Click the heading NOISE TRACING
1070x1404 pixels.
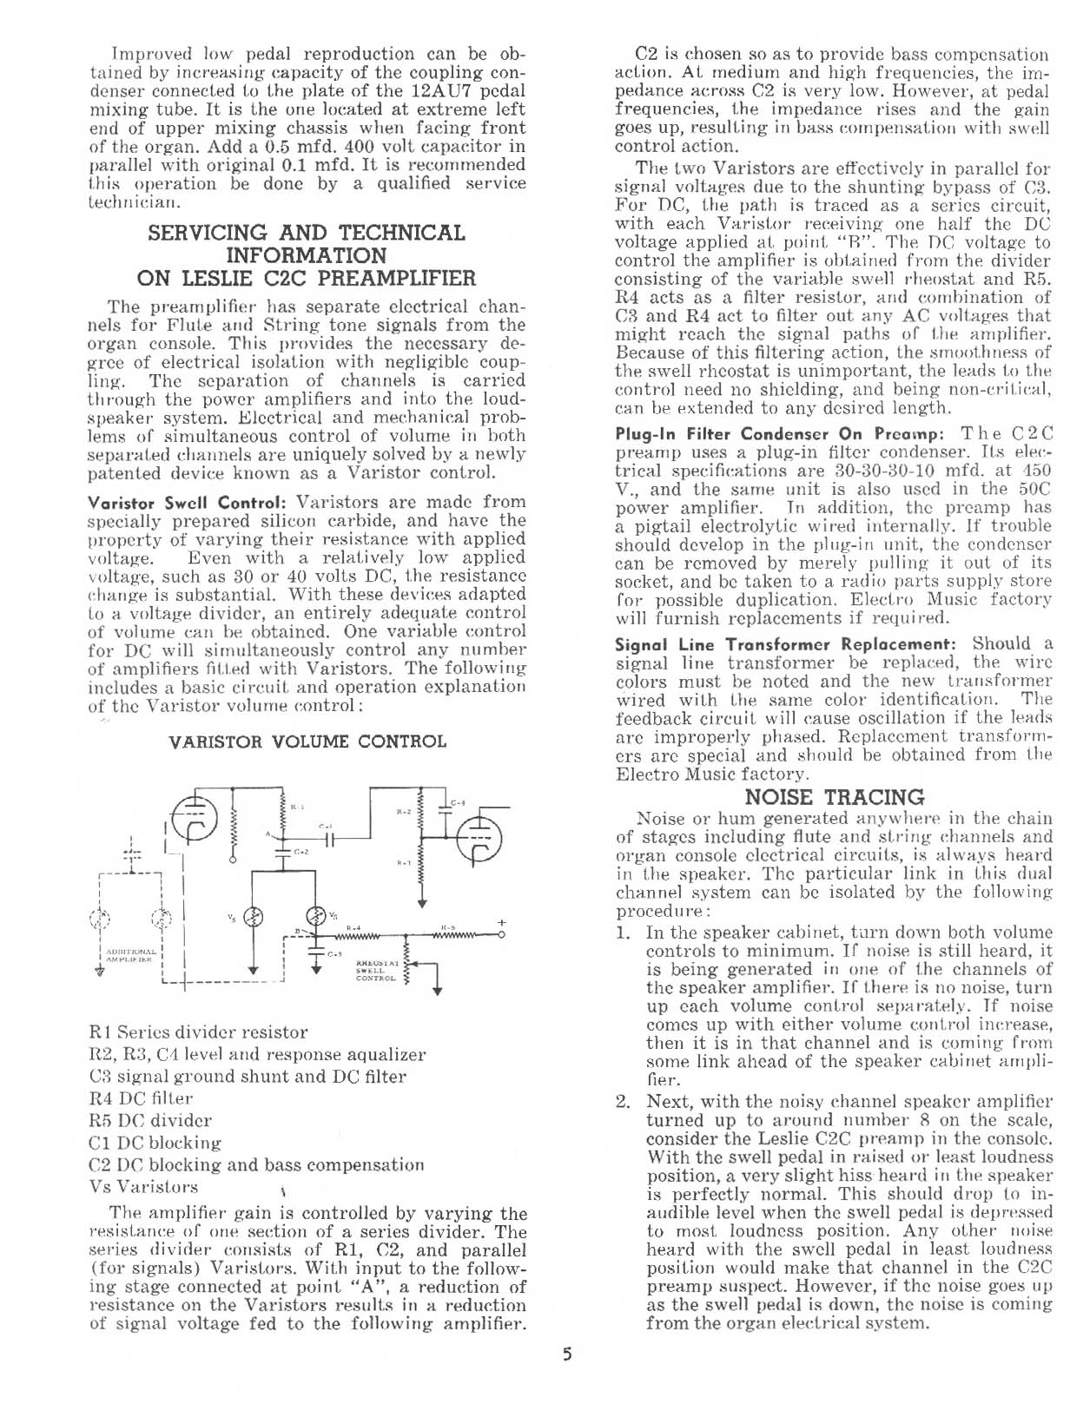[835, 797]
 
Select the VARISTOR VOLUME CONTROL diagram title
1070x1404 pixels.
[307, 742]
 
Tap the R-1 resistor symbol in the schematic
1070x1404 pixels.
[281, 817]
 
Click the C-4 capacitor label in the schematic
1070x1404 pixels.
[459, 801]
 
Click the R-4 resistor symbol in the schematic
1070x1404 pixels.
[361, 936]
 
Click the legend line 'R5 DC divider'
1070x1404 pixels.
[150, 1121]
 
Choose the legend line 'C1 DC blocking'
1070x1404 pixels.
[155, 1143]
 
